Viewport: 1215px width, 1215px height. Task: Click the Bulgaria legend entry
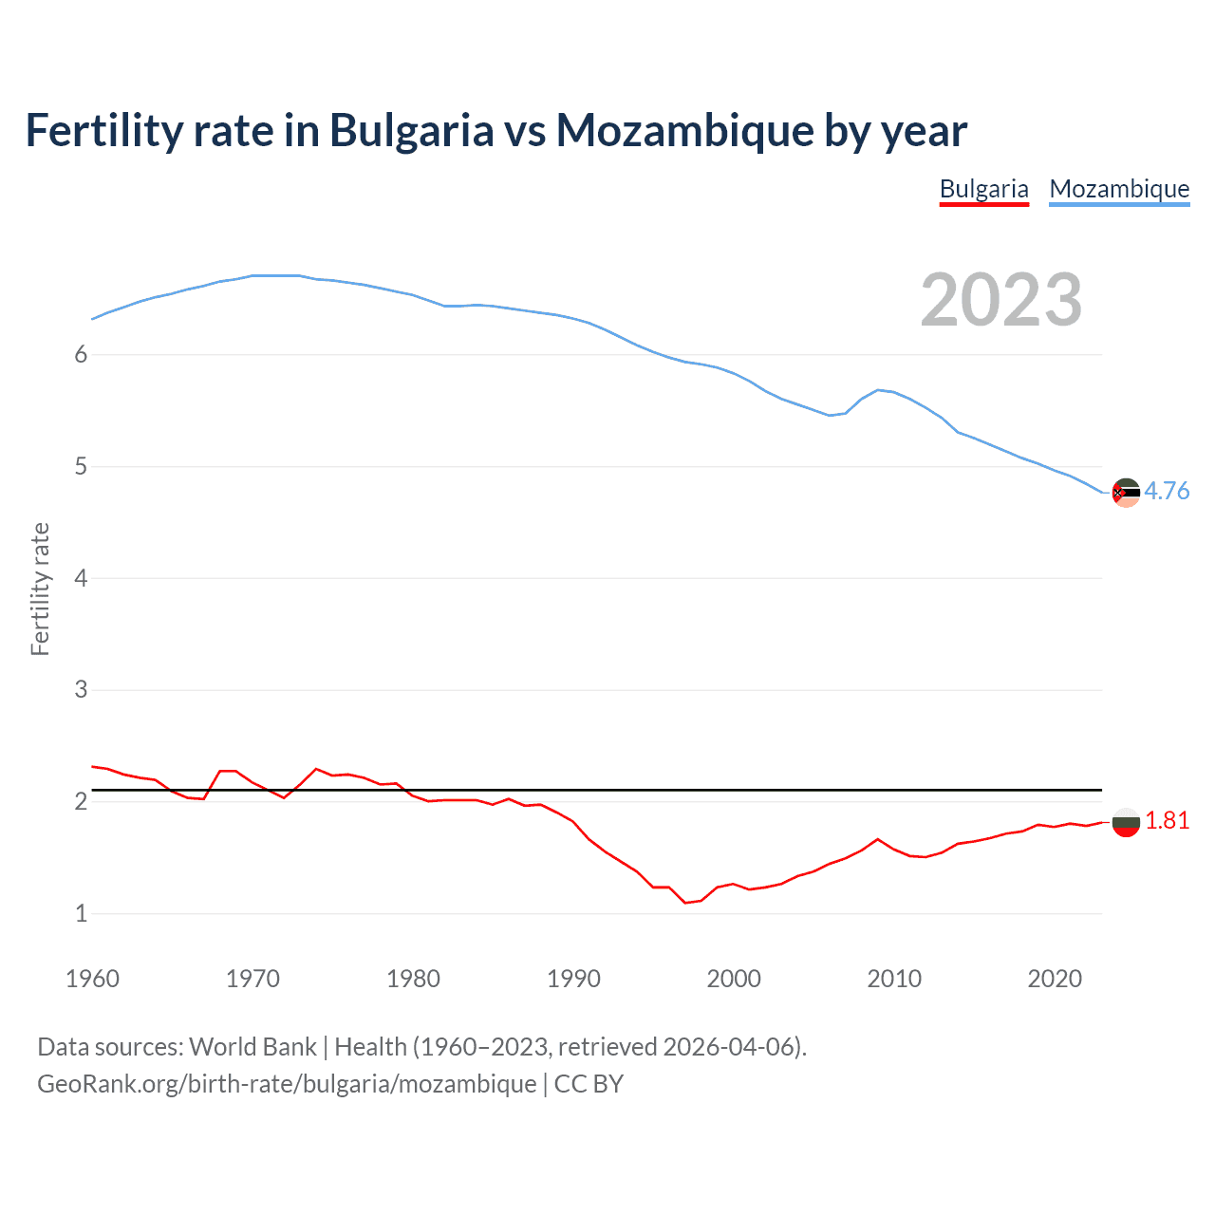tap(983, 189)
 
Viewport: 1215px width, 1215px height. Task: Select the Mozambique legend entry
tap(1119, 189)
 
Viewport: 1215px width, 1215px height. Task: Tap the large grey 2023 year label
tap(1001, 300)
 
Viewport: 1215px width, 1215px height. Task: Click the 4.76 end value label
tap(1167, 491)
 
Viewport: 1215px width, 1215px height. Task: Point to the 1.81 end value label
tap(1167, 820)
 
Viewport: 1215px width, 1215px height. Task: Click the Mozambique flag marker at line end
tap(1126, 493)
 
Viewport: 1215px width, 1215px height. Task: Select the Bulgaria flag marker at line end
tap(1126, 822)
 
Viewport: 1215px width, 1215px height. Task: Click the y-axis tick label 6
tap(81, 355)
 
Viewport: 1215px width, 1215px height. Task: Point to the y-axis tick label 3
tap(81, 690)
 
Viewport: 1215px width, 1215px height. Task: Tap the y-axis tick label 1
tap(81, 913)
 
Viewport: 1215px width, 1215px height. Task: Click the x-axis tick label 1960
tap(92, 979)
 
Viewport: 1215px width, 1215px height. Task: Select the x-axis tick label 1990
tap(573, 979)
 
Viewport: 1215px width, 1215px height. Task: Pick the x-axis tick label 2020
tap(1055, 979)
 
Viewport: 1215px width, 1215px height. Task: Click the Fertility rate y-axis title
tap(40, 589)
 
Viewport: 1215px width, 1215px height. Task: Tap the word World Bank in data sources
tap(252, 1047)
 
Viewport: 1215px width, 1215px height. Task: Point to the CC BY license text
tap(589, 1084)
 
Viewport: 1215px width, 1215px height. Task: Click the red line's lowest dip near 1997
tap(685, 903)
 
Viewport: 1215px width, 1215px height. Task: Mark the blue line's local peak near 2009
tap(879, 389)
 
